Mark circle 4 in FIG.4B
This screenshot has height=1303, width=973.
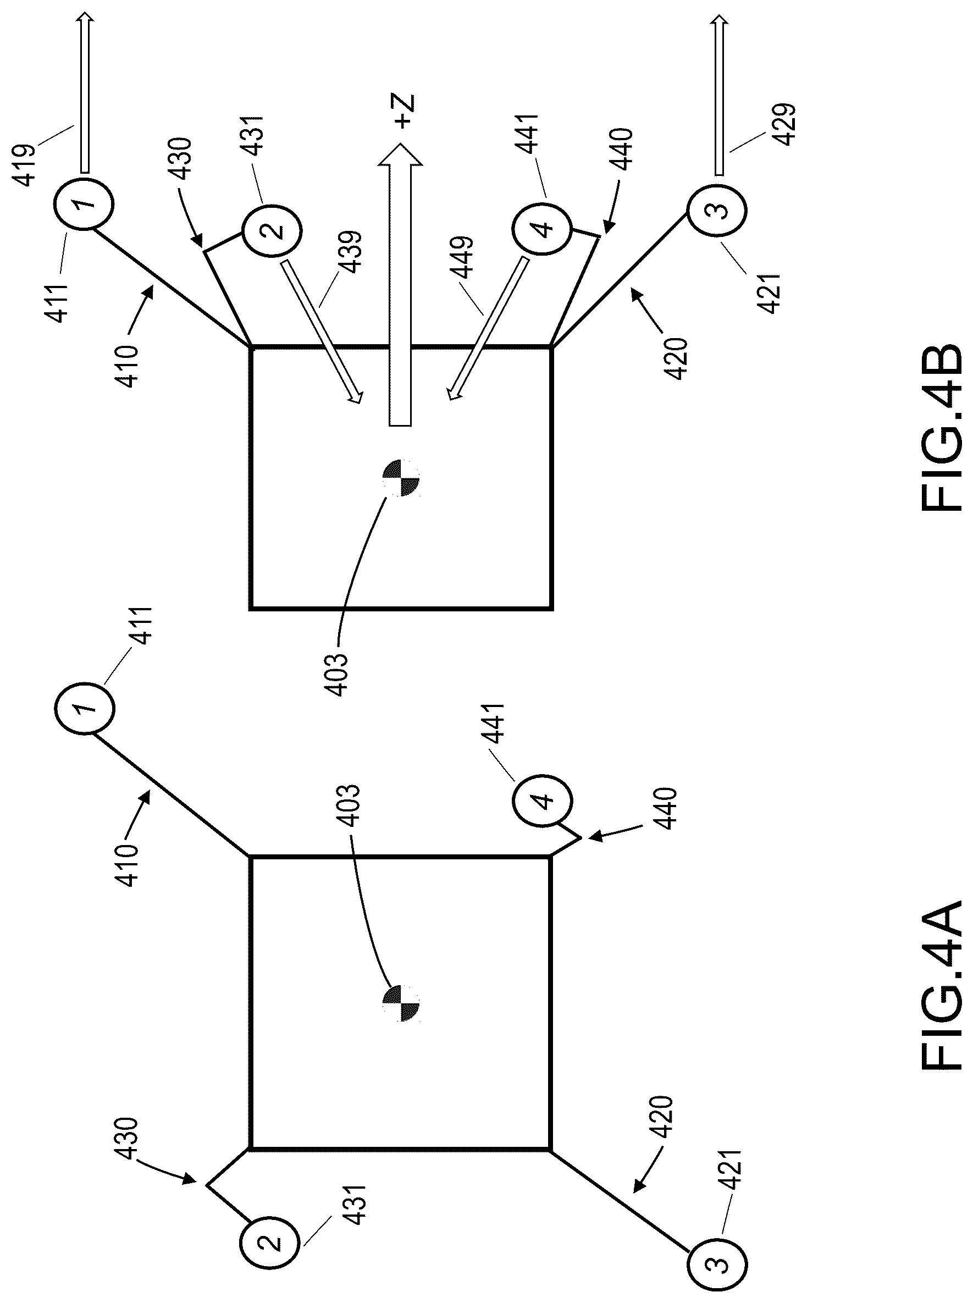point(541,227)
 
